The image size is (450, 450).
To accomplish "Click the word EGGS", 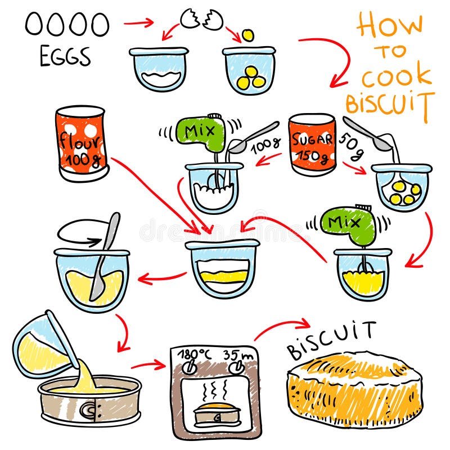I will click(x=65, y=57).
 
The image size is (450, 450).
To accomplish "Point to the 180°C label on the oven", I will click(x=193, y=355).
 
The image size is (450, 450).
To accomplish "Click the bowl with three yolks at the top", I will click(x=249, y=70).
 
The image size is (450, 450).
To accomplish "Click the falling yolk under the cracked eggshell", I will click(x=246, y=37).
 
